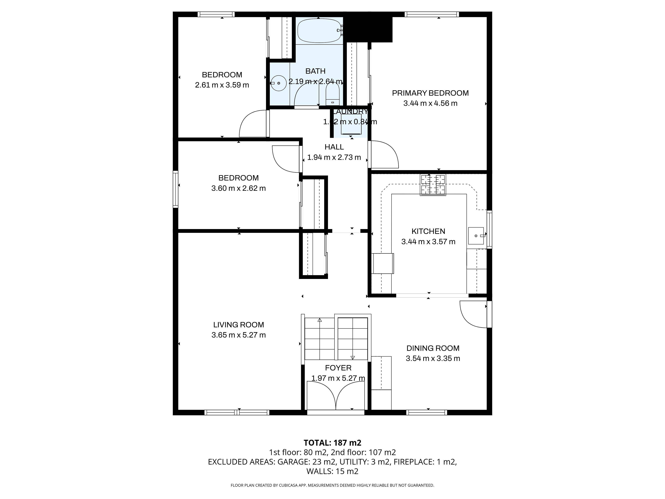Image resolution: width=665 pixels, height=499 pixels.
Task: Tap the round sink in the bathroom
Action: pyautogui.click(x=279, y=83)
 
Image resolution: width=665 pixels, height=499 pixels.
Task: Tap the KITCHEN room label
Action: pyautogui.click(x=428, y=231)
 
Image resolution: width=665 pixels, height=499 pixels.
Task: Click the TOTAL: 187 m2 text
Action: pyautogui.click(x=332, y=443)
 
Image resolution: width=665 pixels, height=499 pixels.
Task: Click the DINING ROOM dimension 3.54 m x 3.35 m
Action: pyautogui.click(x=433, y=358)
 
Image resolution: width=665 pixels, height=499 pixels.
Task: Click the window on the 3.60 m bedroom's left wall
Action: pyautogui.click(x=176, y=189)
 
